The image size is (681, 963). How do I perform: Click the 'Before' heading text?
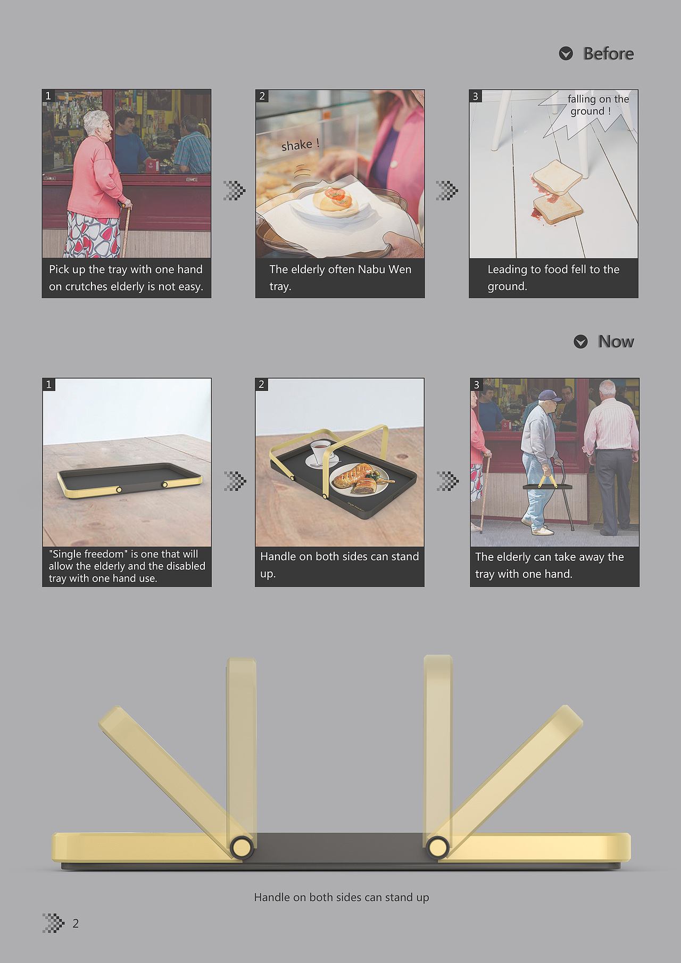[x=608, y=54]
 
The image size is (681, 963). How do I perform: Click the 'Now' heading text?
[x=616, y=342]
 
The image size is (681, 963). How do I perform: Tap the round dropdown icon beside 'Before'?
[x=566, y=53]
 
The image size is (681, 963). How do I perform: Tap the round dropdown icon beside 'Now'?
[x=581, y=342]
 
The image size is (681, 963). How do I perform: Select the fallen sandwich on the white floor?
[x=556, y=192]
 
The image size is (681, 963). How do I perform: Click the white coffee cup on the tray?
[x=321, y=452]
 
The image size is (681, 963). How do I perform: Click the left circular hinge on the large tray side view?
[x=242, y=846]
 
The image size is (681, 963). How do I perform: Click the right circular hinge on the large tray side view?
[x=438, y=846]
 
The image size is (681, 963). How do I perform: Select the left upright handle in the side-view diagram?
[x=242, y=750]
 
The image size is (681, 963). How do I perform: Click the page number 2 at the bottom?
[x=76, y=924]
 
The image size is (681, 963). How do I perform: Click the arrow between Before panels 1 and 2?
[x=234, y=190]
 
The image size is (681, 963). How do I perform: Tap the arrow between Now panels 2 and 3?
[x=447, y=481]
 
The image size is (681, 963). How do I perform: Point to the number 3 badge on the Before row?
[x=476, y=96]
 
